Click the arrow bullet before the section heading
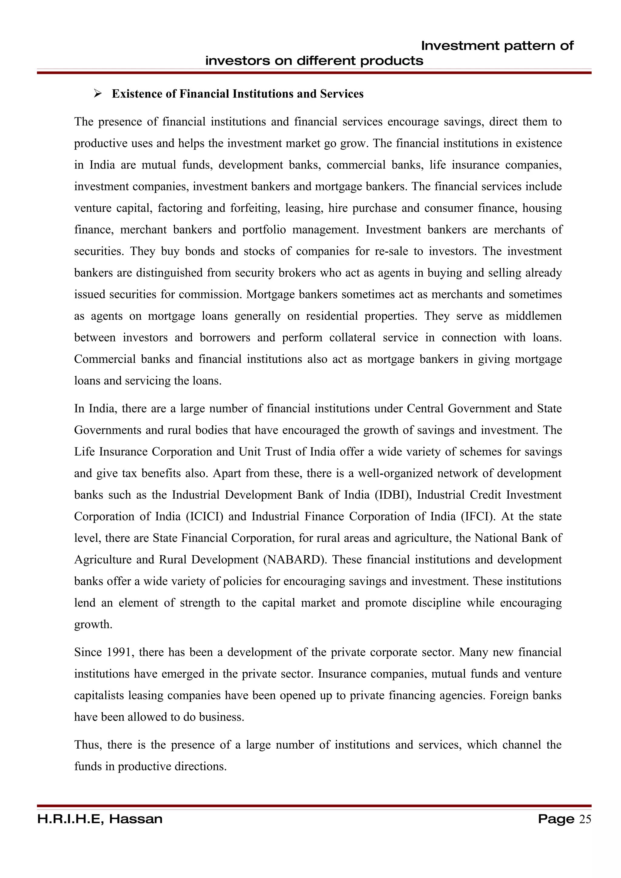click(x=97, y=93)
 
